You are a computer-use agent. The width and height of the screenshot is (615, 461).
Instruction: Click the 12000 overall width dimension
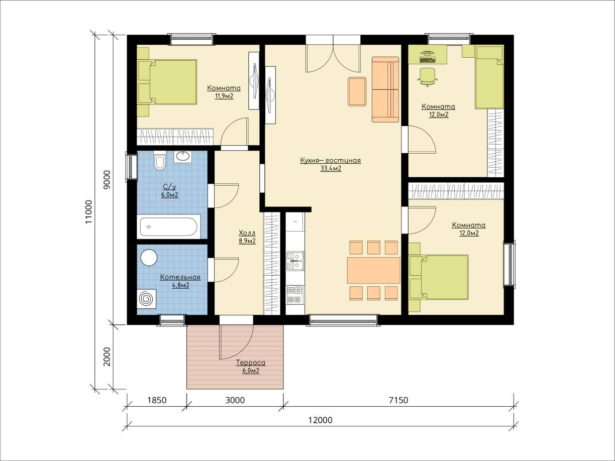pos(320,420)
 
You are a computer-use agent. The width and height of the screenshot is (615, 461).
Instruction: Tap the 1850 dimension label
pos(157,400)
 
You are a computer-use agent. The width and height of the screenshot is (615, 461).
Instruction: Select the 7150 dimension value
pos(398,400)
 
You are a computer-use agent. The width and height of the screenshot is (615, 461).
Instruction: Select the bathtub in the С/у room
pos(169,226)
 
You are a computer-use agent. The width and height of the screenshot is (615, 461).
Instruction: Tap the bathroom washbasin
pos(183,157)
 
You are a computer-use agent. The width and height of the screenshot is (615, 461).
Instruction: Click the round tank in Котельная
pos(149,258)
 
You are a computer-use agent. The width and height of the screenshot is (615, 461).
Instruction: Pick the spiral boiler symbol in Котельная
pos(146,299)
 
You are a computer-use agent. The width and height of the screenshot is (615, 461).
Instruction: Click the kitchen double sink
pos(295,261)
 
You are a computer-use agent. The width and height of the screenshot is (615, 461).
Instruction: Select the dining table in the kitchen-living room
pos(374,270)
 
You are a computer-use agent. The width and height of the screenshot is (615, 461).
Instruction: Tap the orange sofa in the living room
pos(385,89)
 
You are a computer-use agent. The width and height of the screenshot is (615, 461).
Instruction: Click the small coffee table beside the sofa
pos(357,91)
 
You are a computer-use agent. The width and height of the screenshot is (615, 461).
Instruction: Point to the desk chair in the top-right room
pos(428,77)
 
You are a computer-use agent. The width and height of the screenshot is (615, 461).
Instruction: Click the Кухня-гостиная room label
pos(331,160)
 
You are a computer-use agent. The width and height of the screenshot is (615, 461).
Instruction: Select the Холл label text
pos(247,233)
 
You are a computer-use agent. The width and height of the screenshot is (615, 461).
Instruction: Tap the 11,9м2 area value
pos(224,96)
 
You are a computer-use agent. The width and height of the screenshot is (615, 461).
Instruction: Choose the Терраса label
pos(251,363)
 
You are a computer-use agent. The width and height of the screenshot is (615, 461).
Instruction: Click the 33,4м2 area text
pos(331,169)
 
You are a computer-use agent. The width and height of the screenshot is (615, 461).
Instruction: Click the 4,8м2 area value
pos(180,285)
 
